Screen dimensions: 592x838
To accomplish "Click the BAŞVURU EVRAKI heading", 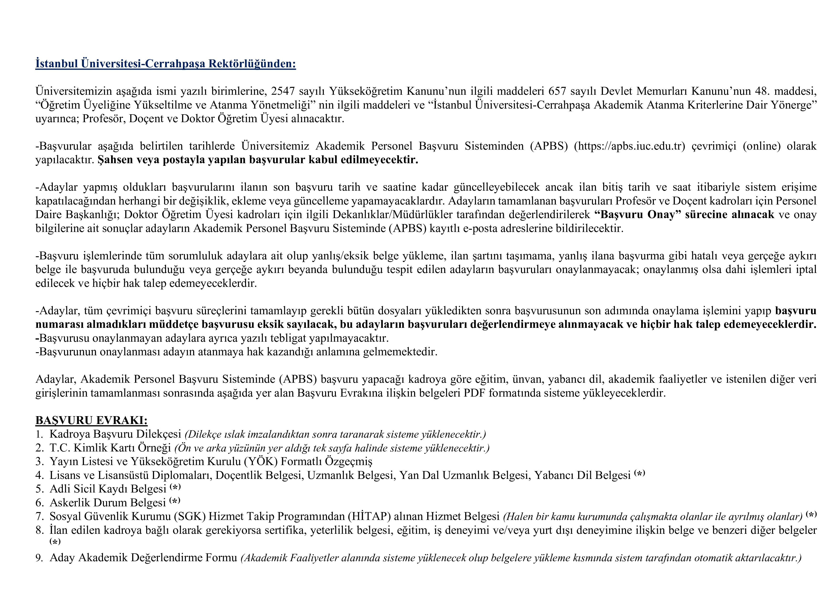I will pyautogui.click(x=91, y=420).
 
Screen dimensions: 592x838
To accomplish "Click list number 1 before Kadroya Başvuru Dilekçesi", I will pyautogui.click(x=39, y=434).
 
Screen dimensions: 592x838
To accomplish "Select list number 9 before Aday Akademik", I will pyautogui.click(x=39, y=558).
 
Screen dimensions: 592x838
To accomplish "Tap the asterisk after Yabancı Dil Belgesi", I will pyautogui.click(x=639, y=473).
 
